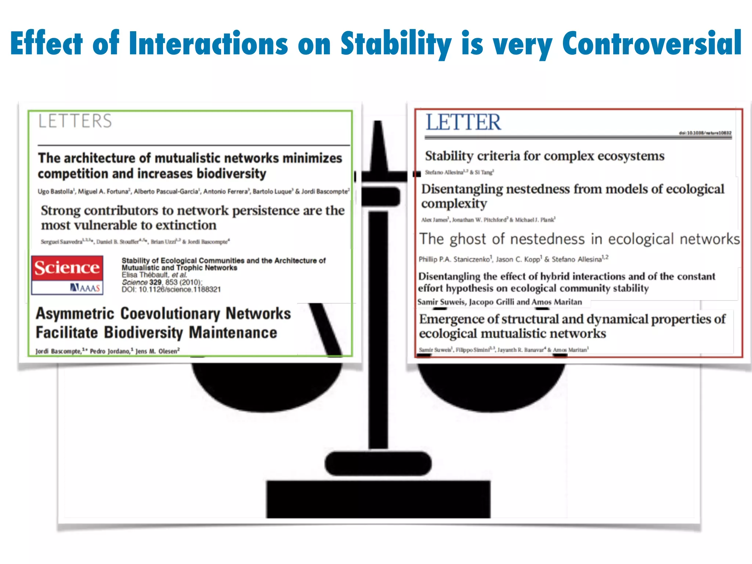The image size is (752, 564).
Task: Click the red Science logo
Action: tap(67, 268)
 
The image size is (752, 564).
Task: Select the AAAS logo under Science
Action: tap(85, 288)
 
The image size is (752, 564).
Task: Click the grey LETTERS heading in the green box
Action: tap(75, 121)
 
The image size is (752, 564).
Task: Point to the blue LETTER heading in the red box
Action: tap(463, 122)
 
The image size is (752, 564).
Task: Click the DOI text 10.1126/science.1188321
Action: tap(180, 290)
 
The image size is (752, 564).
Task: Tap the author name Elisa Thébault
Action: tap(145, 275)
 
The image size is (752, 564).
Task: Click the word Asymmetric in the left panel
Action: tap(75, 314)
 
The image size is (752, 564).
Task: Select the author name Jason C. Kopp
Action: tap(518, 259)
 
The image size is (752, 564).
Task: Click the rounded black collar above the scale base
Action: tap(378, 464)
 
